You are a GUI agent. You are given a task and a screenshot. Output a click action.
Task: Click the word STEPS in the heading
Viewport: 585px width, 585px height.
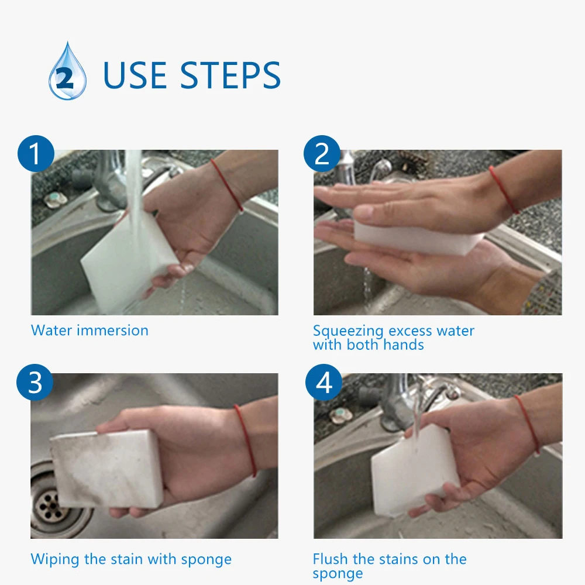tap(230, 75)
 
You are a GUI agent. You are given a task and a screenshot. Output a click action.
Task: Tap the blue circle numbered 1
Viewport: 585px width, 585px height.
tap(36, 153)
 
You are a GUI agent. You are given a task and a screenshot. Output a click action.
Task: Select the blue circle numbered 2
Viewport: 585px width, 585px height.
tap(322, 153)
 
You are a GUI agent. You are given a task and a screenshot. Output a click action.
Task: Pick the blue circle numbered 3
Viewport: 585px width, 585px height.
tap(35, 383)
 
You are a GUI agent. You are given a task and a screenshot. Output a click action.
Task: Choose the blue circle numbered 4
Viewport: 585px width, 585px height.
tap(324, 383)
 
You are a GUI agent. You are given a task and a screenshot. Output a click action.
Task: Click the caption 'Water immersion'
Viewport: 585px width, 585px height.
tap(90, 331)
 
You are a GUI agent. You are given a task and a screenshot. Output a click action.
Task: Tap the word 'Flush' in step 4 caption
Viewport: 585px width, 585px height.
tap(330, 559)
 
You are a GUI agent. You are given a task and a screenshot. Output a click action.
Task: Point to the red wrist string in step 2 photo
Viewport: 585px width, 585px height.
tap(504, 190)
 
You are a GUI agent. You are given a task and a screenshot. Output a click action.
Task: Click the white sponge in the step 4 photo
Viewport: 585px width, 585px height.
tap(414, 471)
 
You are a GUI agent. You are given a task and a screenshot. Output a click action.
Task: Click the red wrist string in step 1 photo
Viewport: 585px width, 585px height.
tap(227, 185)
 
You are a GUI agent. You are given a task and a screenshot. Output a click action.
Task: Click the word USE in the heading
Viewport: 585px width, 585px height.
tap(135, 75)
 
